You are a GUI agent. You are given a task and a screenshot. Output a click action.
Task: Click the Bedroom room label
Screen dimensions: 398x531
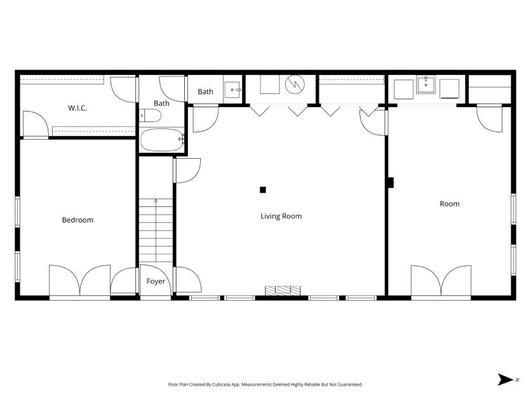pos(77,220)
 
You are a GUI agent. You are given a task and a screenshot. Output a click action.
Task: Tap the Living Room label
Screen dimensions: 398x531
pos(281,216)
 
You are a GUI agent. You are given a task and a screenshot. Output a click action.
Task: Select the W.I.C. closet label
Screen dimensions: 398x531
pos(77,108)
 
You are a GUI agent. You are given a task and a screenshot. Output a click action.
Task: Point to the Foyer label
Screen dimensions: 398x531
pos(156,281)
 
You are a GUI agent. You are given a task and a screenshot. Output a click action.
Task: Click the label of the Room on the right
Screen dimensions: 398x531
pos(449,204)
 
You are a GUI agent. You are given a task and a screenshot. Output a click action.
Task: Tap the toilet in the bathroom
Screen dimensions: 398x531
pos(151,116)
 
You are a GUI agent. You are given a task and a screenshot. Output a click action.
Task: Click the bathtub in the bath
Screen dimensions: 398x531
pos(161,140)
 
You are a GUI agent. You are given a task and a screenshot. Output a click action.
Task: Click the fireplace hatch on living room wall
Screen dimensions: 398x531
pos(283,291)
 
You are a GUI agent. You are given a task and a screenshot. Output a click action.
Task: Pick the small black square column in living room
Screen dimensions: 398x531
pos(262,189)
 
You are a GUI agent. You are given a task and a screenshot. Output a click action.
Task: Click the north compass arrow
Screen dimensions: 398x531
pos(506,380)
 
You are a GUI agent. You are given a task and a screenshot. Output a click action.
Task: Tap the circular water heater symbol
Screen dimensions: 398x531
pos(295,84)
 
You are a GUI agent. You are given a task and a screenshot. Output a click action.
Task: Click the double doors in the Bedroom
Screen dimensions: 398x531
pos(80,281)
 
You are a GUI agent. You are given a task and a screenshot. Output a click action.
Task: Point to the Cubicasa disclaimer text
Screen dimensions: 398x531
pos(265,385)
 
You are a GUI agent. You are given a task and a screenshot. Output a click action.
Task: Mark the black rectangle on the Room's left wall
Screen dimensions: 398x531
pos(391,182)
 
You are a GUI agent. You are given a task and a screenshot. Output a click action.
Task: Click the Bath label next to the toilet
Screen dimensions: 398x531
pos(161,103)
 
